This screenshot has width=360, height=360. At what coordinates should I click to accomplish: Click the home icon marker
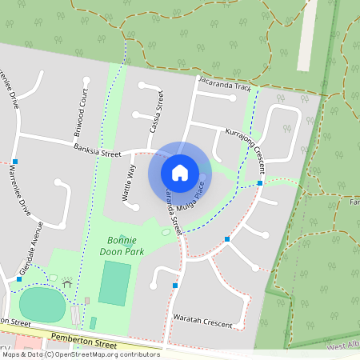tap(180, 172)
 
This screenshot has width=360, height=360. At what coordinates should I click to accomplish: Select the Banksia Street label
tap(97, 150)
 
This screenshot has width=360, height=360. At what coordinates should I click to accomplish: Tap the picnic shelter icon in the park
tap(67, 282)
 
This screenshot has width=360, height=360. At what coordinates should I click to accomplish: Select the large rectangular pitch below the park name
tap(114, 284)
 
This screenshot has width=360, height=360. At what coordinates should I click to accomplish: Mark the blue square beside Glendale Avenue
tap(19, 279)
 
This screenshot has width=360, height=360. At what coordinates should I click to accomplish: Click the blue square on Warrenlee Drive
tap(15, 162)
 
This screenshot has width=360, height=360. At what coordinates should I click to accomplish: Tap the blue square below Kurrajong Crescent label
tap(260, 182)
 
